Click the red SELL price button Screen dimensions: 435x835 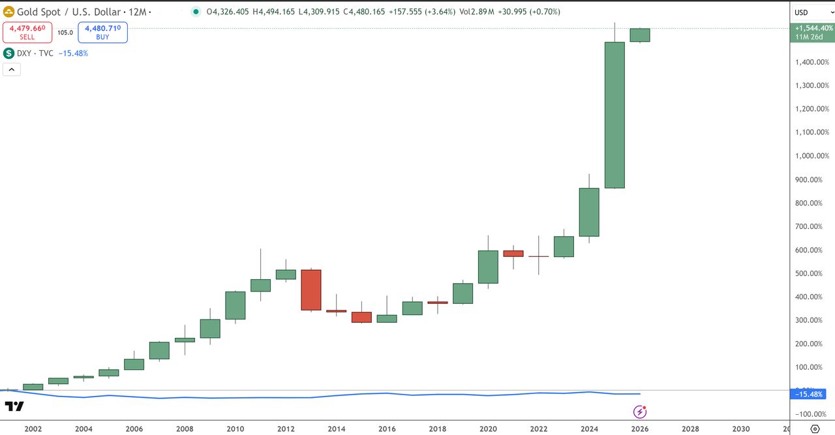pos(27,32)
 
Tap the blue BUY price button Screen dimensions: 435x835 pos(102,32)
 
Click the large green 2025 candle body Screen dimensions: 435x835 pos(615,115)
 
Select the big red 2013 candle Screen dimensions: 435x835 pos(311,290)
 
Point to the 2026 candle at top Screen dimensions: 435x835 pos(639,35)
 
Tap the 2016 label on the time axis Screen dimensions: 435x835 pos(387,429)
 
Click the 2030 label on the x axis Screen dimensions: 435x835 pos(741,429)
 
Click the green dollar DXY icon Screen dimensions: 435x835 pos(9,53)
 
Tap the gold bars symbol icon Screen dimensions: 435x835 pos(9,12)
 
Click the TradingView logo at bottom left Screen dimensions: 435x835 pos(14,406)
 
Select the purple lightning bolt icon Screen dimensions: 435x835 pos(641,412)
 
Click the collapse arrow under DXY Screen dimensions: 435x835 pos(12,70)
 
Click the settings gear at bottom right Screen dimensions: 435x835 pos(815,429)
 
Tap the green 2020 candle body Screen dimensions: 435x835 pos(488,267)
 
